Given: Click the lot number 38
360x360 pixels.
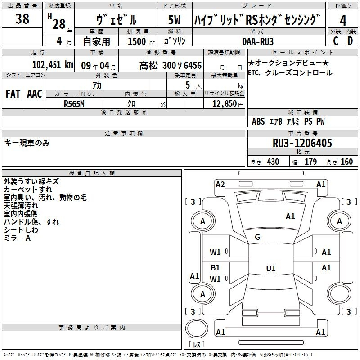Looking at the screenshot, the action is pos(22,19).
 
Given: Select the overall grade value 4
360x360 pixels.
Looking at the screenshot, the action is pos(343,20).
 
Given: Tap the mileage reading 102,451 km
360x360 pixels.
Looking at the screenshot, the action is pos(53,65).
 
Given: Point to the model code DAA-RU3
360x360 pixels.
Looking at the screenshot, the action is pos(258,41).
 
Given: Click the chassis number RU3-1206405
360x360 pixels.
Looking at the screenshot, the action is pos(302,143).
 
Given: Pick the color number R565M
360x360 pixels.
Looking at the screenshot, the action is pos(74,104).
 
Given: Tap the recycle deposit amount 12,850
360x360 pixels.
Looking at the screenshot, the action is pos(224,104).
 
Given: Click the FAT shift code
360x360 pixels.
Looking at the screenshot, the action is pos(13,94).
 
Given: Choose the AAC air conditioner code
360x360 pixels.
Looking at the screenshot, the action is pos(35,94).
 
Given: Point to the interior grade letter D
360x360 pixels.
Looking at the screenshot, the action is pos(350,41).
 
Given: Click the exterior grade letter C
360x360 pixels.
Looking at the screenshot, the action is pos(336,41).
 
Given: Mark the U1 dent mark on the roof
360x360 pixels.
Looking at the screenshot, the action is pos(271,268).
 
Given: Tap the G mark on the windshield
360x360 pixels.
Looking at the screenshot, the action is pos(257,237).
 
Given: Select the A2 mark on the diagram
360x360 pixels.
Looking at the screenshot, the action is pos(220,184).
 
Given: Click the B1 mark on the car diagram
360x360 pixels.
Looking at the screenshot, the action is pos(215,267).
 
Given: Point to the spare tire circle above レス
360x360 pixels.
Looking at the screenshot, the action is pos(197,328).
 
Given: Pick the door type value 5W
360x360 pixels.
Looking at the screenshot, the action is pos(174,20).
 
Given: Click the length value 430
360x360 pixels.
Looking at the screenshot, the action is pos(273,162).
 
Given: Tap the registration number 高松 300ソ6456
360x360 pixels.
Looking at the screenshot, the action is pos(171,66).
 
